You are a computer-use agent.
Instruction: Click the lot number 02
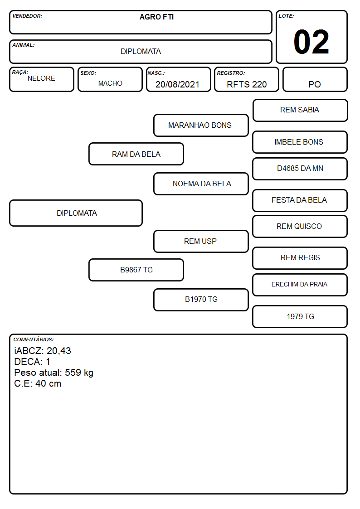pyautogui.click(x=311, y=42)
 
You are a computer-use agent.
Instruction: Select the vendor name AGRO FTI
pyautogui.click(x=156, y=17)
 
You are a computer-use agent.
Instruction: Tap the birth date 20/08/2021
pyautogui.click(x=177, y=84)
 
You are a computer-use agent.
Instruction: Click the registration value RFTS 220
pyautogui.click(x=247, y=84)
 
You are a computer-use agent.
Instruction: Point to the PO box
pyautogui.click(x=315, y=79)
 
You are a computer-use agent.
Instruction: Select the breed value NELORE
pyautogui.click(x=41, y=78)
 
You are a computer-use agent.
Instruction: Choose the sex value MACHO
pyautogui.click(x=110, y=83)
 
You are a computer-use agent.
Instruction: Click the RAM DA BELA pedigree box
pyautogui.click(x=136, y=154)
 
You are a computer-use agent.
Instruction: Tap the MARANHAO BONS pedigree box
pyautogui.click(x=201, y=125)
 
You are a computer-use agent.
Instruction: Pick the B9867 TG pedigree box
pyautogui.click(x=136, y=270)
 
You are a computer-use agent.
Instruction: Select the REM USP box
pyautogui.click(x=201, y=241)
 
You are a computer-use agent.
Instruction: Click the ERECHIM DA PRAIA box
pyautogui.click(x=300, y=285)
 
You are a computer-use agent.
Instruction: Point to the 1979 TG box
pyautogui.click(x=300, y=316)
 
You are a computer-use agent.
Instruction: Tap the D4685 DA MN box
pyautogui.click(x=300, y=169)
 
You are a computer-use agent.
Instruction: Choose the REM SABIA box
pyautogui.click(x=300, y=111)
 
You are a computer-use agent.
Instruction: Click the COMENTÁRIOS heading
pyautogui.click(x=34, y=339)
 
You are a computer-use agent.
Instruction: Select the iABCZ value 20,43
pyautogui.click(x=59, y=350)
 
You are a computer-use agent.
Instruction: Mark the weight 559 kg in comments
pyautogui.click(x=79, y=373)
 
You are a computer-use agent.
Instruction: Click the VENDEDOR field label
pyautogui.click(x=27, y=16)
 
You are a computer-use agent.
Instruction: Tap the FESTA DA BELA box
pyautogui.click(x=300, y=200)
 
